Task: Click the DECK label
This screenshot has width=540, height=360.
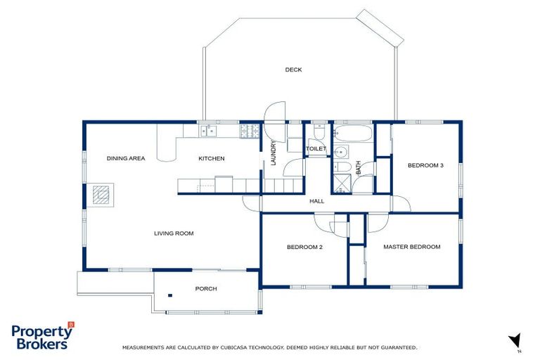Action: point(293,70)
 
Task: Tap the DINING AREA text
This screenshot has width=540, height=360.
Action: point(126,159)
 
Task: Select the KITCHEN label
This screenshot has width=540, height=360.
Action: point(211,159)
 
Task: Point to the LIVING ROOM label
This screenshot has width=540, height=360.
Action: point(174,233)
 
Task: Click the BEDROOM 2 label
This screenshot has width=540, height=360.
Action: point(304,247)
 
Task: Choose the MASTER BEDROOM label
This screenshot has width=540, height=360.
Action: point(411,247)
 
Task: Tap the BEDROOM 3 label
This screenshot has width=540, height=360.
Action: point(425,166)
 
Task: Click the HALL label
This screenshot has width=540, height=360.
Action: point(317,202)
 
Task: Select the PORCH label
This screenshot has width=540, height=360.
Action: point(206,289)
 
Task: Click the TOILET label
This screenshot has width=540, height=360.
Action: point(316,149)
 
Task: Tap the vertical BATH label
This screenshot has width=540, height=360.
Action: point(358,167)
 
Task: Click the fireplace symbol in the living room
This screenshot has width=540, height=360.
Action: point(103,195)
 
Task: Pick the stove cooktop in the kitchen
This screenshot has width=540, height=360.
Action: point(249,130)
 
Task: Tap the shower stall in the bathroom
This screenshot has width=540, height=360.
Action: point(341,184)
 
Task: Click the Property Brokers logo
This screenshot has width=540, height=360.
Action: point(42,336)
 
